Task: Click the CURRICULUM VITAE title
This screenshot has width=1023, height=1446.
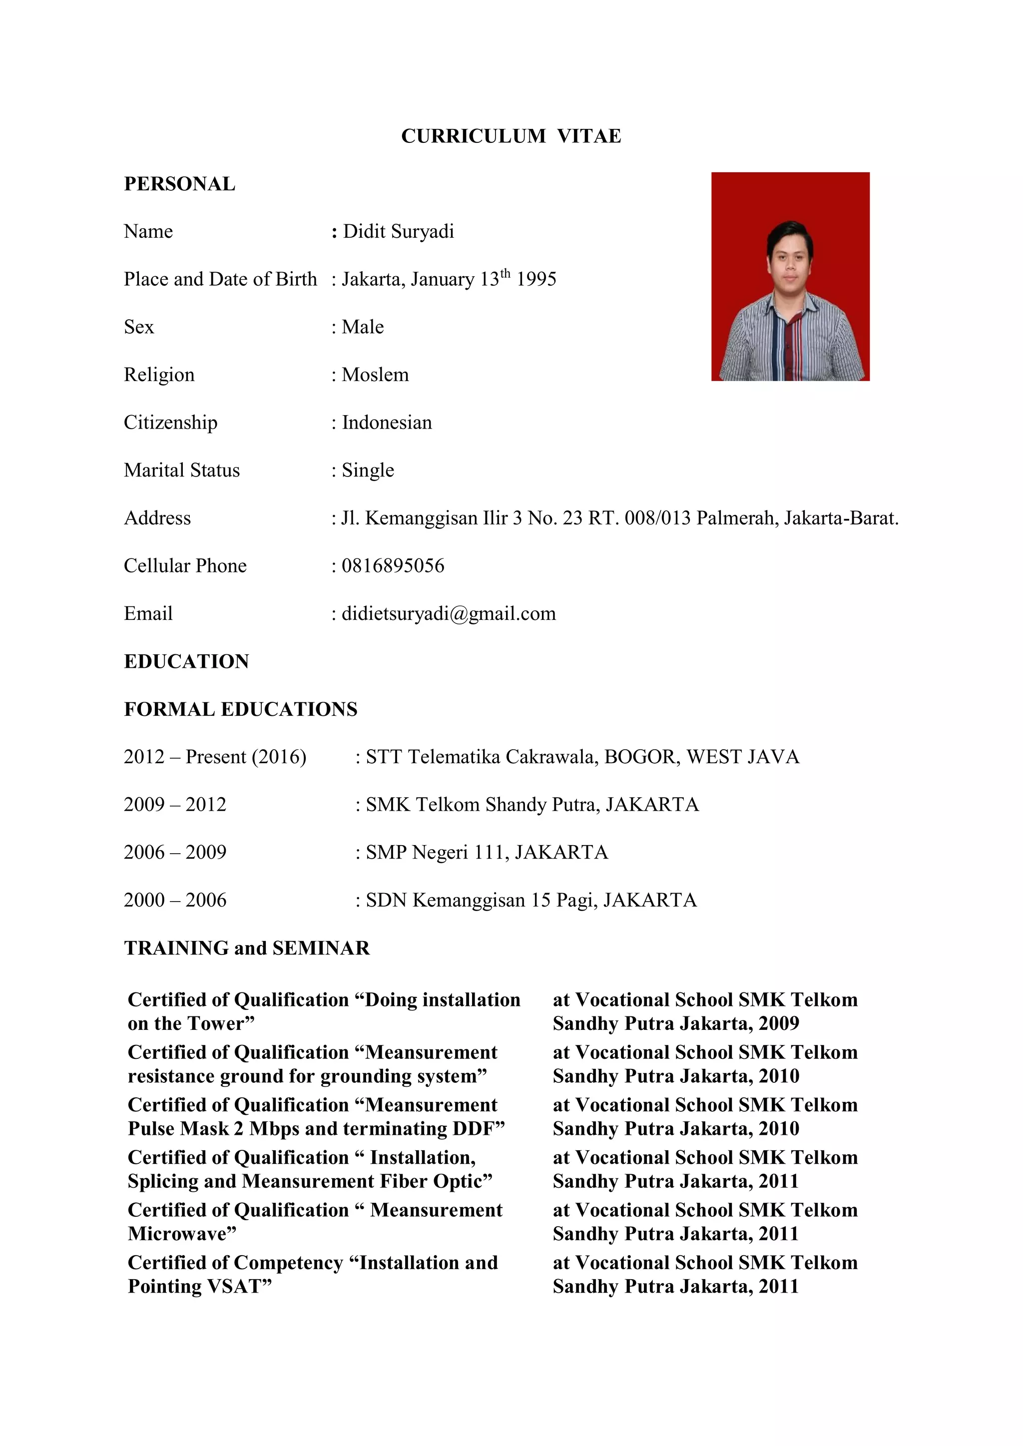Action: [511, 136]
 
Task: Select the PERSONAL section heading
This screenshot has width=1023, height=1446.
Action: [179, 184]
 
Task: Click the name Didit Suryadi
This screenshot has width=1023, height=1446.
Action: [398, 232]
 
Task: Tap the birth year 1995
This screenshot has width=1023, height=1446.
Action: [536, 280]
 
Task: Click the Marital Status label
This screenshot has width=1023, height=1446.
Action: [181, 471]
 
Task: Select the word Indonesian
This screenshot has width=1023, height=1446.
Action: [387, 423]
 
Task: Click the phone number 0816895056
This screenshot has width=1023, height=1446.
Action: [393, 565]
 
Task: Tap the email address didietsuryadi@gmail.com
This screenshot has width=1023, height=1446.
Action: [449, 613]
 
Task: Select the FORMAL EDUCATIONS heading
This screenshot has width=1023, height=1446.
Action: [241, 709]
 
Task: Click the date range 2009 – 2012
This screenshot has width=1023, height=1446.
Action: [175, 805]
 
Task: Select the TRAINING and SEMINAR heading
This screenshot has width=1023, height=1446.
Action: [247, 948]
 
